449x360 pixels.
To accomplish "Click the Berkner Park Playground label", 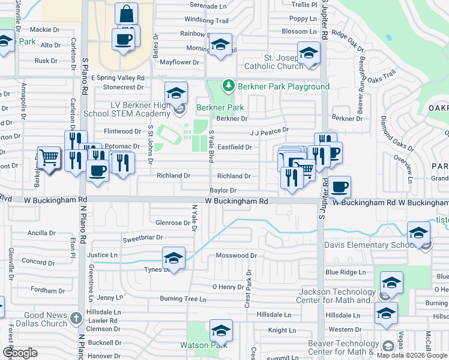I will pos(283,86).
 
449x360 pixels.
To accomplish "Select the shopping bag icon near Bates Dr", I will pos(127,14).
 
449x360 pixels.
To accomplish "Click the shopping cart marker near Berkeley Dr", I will pos(49,158).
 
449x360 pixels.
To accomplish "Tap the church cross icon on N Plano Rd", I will pos(76,317).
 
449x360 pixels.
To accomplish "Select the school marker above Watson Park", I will pos(221,331).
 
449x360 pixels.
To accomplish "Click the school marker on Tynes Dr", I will pos(173,259).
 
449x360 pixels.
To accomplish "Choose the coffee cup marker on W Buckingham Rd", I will pos(340,187).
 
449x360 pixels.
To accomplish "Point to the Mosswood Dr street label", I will pos(236,256).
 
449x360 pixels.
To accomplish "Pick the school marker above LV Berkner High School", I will pos(176,93).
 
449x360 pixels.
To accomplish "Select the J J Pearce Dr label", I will pos(270,130).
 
